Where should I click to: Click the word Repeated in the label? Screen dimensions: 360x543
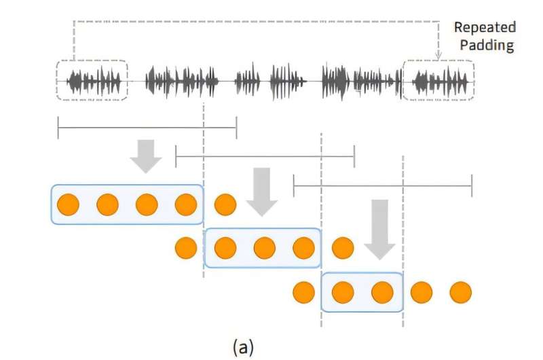tap(485, 27)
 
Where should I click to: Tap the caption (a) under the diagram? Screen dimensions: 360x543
tap(244, 348)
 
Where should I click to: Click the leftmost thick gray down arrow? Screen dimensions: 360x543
tap(146, 156)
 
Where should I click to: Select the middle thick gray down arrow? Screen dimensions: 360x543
tap(262, 190)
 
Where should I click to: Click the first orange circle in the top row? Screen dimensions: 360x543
tap(68, 204)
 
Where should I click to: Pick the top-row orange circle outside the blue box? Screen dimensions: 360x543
tap(225, 204)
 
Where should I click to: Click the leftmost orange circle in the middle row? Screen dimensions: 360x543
tap(186, 248)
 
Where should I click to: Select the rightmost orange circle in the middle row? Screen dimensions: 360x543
tap(343, 248)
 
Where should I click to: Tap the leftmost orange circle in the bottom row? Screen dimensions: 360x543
tap(303, 292)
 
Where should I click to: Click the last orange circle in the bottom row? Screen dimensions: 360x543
tap(460, 292)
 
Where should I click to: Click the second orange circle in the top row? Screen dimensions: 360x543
tap(107, 204)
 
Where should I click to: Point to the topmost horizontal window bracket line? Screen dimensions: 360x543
tap(147, 127)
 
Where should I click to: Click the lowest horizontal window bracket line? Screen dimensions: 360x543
tap(382, 185)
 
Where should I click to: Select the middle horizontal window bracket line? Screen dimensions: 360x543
tap(265, 156)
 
